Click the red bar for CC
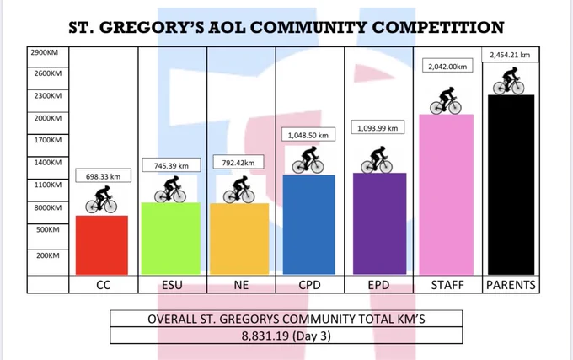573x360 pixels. point(102,244)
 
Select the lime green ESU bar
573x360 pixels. point(171,239)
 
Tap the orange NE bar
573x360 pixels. point(239,239)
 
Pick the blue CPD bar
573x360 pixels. point(308,225)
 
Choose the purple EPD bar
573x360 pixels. point(380,223)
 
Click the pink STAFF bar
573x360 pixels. point(447,195)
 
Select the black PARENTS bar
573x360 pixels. point(511,185)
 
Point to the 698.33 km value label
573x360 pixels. point(104,176)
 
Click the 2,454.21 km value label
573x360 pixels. point(510,55)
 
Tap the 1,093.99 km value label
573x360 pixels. point(378,128)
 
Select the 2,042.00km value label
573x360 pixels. point(447,66)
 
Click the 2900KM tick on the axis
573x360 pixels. point(44,52)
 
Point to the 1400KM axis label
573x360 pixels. point(48,163)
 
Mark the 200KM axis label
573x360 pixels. point(48,255)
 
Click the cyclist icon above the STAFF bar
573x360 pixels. point(446,100)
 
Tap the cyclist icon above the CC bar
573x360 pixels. point(101,200)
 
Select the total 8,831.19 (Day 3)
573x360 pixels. point(286,336)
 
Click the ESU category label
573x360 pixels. point(172,285)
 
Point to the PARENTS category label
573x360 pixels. point(511,285)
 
